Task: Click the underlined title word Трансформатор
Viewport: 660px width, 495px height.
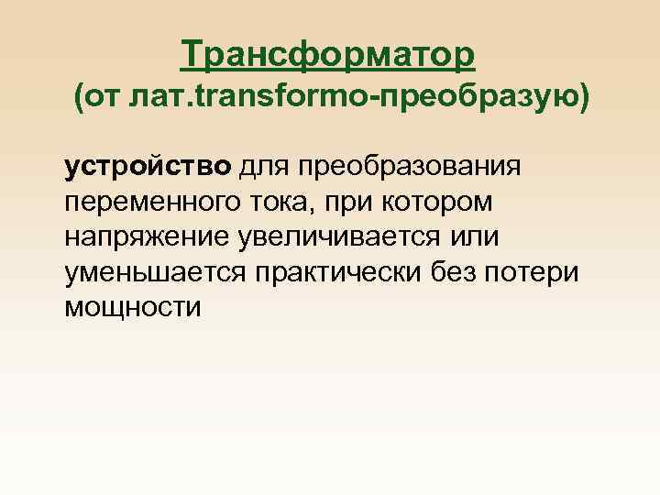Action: click(329, 54)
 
